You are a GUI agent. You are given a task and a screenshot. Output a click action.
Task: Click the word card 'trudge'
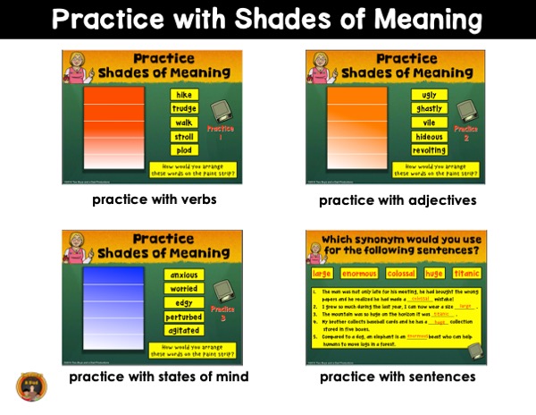pyautogui.click(x=184, y=109)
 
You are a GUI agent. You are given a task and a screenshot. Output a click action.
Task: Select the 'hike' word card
pyautogui.click(x=184, y=95)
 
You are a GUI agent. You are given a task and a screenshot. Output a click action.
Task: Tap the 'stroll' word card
pyautogui.click(x=184, y=137)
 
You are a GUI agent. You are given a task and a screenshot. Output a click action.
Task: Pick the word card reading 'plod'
pyautogui.click(x=184, y=150)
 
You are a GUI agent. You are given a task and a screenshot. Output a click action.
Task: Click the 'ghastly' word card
pyautogui.click(x=429, y=109)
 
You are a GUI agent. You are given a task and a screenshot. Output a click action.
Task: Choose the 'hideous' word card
pyautogui.click(x=429, y=137)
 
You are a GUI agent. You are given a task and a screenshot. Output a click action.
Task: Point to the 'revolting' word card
pyautogui.click(x=429, y=150)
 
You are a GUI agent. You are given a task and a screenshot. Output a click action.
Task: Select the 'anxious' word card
pyautogui.click(x=184, y=275)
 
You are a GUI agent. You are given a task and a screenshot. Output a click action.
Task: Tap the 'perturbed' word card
pyautogui.click(x=184, y=317)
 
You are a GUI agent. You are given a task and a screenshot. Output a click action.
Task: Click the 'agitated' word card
pyautogui.click(x=184, y=330)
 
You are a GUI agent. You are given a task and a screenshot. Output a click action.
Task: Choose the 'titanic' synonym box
pyautogui.click(x=467, y=273)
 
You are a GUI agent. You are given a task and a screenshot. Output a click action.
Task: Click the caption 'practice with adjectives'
pyautogui.click(x=398, y=200)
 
